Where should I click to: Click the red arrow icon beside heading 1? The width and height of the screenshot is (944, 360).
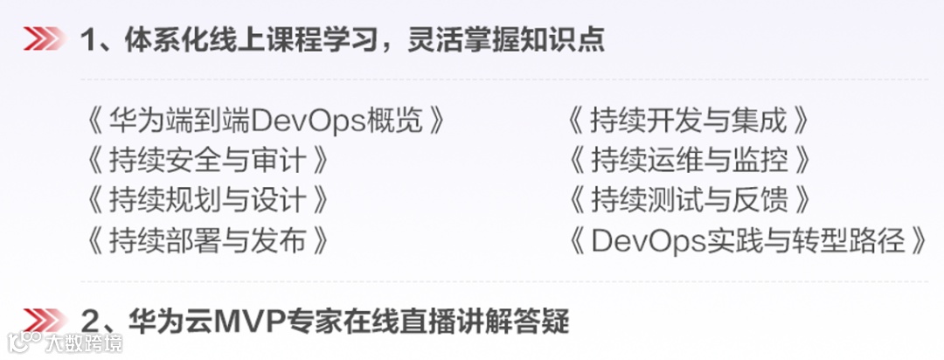click(x=44, y=39)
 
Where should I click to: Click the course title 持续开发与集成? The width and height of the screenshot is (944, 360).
click(x=688, y=120)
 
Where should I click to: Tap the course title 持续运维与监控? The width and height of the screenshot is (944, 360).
click(x=688, y=160)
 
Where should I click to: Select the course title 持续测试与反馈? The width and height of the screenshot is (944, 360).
click(x=688, y=200)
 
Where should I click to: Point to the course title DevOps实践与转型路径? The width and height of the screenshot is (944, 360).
click(x=747, y=239)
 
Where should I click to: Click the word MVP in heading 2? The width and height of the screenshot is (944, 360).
click(x=236, y=321)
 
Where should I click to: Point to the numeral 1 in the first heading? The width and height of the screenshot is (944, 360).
click(x=87, y=40)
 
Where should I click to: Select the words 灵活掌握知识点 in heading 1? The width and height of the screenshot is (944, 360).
click(x=506, y=40)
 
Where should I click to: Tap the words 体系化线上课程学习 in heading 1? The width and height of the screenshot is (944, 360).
click(x=248, y=40)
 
